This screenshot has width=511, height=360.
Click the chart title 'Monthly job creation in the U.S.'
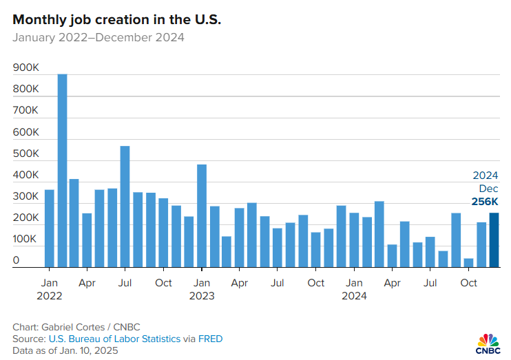point(116,20)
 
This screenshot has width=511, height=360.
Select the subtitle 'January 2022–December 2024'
point(98,38)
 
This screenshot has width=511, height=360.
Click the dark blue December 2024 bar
point(494,240)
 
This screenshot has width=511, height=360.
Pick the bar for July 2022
point(125,207)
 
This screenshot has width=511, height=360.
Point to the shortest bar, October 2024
point(468,263)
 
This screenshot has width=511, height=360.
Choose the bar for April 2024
point(392,256)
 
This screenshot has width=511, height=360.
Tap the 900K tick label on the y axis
point(25,68)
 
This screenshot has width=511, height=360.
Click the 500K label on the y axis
point(25,153)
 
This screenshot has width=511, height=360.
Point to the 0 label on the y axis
point(16,261)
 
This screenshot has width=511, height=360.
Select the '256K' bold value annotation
point(484,201)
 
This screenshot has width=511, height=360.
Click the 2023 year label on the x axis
point(202,296)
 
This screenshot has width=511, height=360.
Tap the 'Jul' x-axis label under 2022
point(125,283)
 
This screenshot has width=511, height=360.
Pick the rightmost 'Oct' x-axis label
point(468,283)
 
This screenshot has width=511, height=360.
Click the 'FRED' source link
point(210,339)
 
